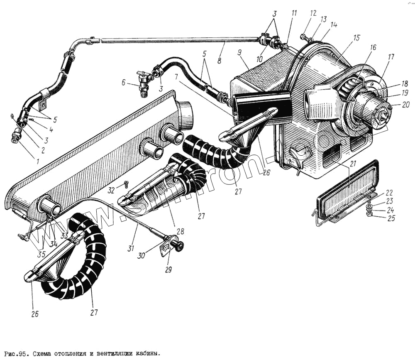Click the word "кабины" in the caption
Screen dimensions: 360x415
click(x=147, y=354)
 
